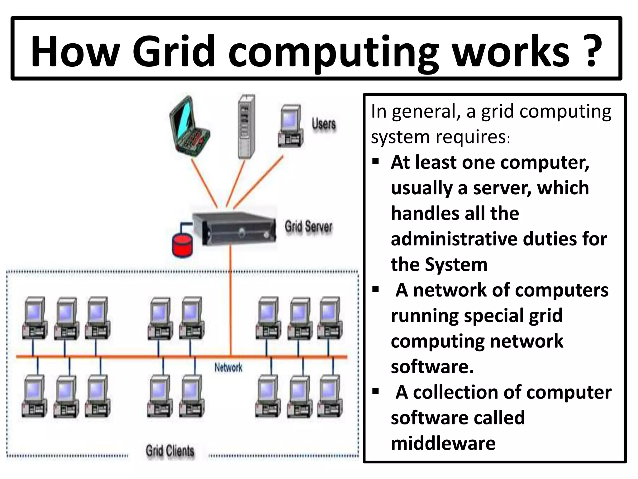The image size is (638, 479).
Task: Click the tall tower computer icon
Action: [x=246, y=126]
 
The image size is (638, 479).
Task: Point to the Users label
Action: [x=324, y=124]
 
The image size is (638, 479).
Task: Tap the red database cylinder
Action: [x=183, y=246]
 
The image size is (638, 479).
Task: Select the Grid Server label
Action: [x=308, y=226]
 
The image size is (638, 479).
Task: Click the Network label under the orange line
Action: [x=228, y=368]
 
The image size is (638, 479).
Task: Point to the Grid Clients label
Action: [x=170, y=451]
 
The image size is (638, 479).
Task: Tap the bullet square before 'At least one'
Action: [x=376, y=162]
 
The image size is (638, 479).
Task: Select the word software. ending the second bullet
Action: [x=432, y=367]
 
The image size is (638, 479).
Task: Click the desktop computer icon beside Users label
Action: [x=291, y=126]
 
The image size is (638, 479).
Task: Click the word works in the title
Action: [x=511, y=51]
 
